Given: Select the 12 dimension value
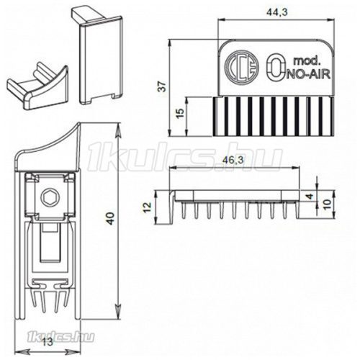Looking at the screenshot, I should pyautogui.click(x=148, y=207).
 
